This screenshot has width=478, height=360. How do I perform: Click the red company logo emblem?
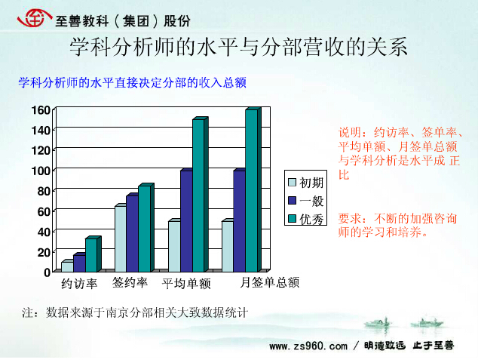pos(34,18)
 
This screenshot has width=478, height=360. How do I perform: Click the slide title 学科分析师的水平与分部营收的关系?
pos(238,48)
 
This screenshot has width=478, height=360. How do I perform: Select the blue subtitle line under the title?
pos(132,83)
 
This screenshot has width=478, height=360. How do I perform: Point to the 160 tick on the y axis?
pos(41,110)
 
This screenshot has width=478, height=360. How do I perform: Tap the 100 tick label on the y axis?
pos(41,171)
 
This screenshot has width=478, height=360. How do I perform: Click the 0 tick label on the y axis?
pos(47,272)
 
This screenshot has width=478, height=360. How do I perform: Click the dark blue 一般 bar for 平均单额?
pos(186,221)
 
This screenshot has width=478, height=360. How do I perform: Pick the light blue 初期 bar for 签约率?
pos(121,239)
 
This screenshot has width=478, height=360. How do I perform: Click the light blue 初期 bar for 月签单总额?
pos(228,247)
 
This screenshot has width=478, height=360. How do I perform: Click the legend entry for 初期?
pos(305,183)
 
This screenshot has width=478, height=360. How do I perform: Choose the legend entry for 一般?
pos(305,201)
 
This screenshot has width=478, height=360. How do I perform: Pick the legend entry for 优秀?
pos(305,219)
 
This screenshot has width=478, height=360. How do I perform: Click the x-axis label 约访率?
pos(79,284)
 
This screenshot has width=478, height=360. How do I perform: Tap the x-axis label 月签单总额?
pos(269,282)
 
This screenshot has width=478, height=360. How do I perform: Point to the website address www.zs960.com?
pos(308,346)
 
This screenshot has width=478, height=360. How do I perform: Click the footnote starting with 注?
pos(135,312)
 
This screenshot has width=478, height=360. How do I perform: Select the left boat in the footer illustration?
pos(378,323)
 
